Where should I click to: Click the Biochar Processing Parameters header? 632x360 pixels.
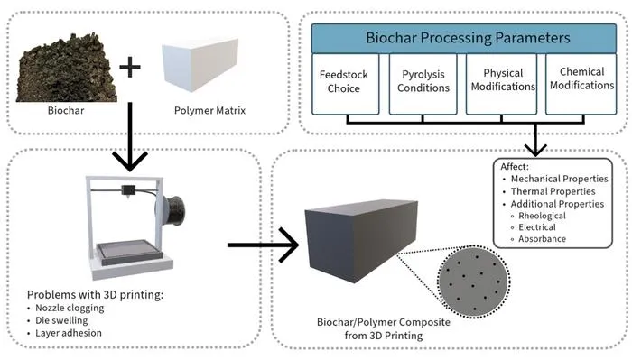click(x=464, y=38)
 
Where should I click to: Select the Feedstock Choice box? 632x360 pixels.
click(x=346, y=84)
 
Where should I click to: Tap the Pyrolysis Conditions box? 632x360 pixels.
click(x=423, y=84)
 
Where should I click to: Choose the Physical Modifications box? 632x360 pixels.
click(x=501, y=84)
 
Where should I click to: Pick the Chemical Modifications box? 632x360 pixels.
click(x=581, y=84)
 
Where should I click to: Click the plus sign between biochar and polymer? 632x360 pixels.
click(x=130, y=67)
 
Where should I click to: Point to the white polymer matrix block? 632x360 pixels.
click(x=200, y=64)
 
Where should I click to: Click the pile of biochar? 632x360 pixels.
click(x=67, y=69)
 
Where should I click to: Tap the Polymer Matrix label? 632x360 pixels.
click(x=209, y=110)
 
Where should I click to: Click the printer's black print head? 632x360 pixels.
click(x=128, y=191)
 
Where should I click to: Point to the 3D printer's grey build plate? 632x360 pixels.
click(x=129, y=252)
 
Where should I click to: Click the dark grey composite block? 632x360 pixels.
click(x=361, y=241)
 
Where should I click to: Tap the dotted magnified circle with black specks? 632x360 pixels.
click(x=474, y=282)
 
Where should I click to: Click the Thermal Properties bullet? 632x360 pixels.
click(x=549, y=191)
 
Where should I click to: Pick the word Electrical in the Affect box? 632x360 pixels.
click(x=537, y=227)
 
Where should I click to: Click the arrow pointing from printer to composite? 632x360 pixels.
click(x=263, y=245)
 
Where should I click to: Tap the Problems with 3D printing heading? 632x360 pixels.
click(x=95, y=295)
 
